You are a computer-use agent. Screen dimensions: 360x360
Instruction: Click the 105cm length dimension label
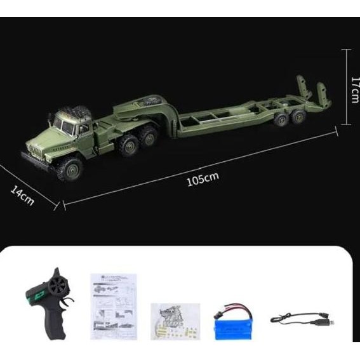click(x=203, y=179)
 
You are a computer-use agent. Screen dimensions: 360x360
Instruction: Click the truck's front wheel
click(x=71, y=168)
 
